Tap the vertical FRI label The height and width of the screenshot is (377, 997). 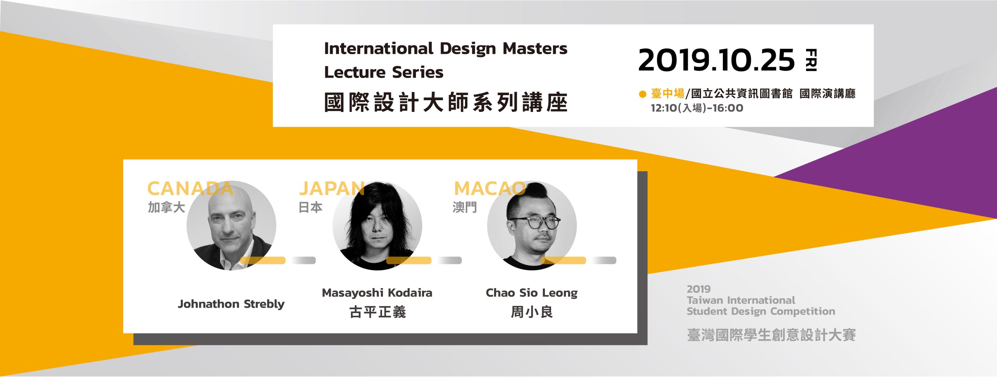tap(811, 60)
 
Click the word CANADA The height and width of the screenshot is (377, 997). tap(190, 189)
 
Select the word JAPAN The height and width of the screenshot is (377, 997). tap(332, 189)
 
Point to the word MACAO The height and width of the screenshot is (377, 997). tap(490, 189)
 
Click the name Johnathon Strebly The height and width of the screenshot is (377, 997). tap(231, 304)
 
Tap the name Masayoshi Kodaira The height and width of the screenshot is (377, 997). tap(377, 293)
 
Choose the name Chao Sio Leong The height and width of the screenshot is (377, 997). tap(532, 293)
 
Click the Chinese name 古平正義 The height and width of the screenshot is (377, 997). tap(377, 312)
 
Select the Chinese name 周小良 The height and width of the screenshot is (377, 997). tap(532, 312)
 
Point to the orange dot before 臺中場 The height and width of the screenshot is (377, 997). tap(643, 94)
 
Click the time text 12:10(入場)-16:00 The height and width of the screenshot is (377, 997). tap(697, 108)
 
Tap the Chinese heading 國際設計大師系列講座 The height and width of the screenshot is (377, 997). tap(446, 103)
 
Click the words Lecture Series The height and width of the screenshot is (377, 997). tap(384, 72)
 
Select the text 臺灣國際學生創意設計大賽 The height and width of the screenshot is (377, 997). tap(771, 335)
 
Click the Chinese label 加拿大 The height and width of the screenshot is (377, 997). tap(166, 207)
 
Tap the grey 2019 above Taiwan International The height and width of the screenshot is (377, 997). tap(699, 289)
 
